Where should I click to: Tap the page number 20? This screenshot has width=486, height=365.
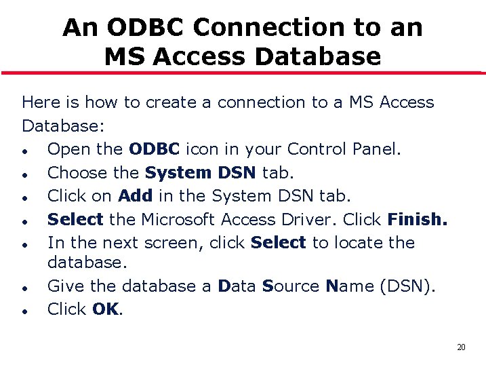click(461, 347)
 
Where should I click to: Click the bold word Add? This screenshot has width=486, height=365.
click(135, 196)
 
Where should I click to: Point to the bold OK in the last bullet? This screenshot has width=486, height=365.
click(105, 309)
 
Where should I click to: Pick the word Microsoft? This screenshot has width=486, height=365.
click(181, 219)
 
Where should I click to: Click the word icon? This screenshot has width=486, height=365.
click(202, 149)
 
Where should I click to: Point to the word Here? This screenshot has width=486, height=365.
click(39, 102)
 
